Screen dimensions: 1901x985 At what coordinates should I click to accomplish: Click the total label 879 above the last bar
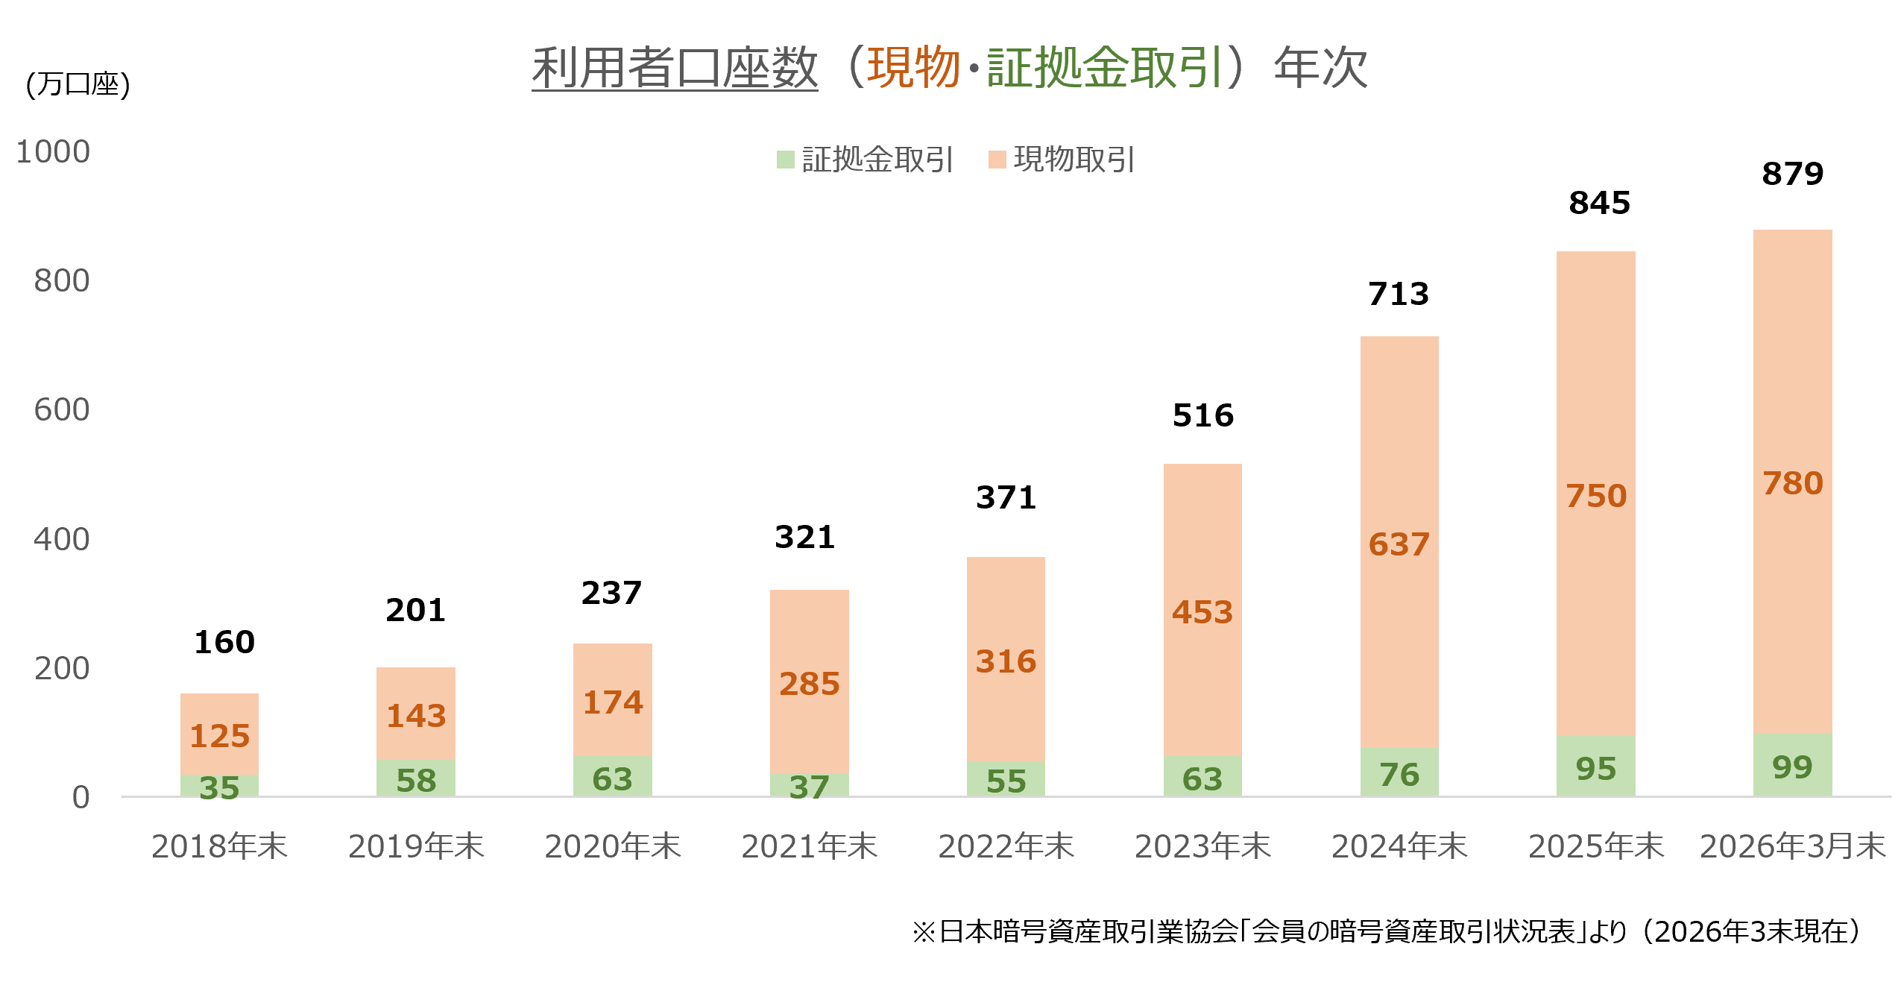(1792, 174)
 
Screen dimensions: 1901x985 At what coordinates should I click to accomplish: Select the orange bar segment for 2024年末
(1399, 542)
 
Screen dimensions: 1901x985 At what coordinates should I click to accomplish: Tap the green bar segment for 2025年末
(1595, 766)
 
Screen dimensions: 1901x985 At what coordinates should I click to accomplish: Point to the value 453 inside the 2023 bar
(1202, 612)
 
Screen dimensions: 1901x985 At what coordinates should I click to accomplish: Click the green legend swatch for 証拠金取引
(785, 160)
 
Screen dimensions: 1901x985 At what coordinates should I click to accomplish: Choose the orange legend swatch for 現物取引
(997, 160)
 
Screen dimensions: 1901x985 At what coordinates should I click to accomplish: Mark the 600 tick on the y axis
(62, 410)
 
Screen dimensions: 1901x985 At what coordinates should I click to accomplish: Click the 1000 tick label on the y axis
(53, 151)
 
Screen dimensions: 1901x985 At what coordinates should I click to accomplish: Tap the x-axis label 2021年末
(809, 846)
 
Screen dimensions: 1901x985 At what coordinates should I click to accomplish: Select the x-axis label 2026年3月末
(1792, 846)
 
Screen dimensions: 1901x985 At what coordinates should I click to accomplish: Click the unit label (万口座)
(78, 84)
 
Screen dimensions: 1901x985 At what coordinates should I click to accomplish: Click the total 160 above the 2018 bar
(224, 642)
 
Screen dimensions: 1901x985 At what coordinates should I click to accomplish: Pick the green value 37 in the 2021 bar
(809, 787)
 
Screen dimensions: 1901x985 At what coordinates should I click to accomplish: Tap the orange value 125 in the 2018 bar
(219, 736)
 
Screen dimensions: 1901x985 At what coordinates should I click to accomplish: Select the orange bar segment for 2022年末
(1006, 659)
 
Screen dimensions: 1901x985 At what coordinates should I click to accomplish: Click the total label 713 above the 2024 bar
(1399, 294)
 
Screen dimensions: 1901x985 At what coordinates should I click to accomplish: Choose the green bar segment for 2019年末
(415, 778)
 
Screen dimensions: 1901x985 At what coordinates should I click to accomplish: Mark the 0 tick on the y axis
(81, 798)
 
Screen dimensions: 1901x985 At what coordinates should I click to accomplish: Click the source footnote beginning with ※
(1386, 931)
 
